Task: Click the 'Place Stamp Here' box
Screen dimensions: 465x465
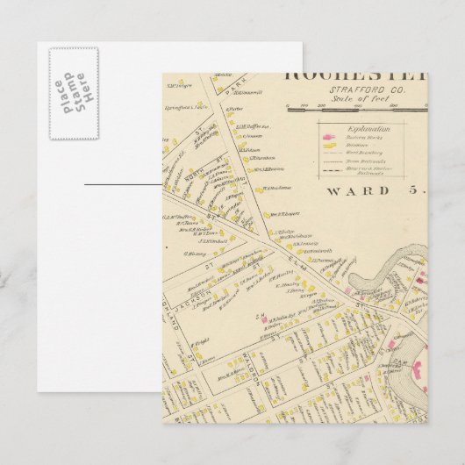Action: click(x=73, y=93)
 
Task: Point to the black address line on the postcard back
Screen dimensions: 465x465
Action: click(x=123, y=184)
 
